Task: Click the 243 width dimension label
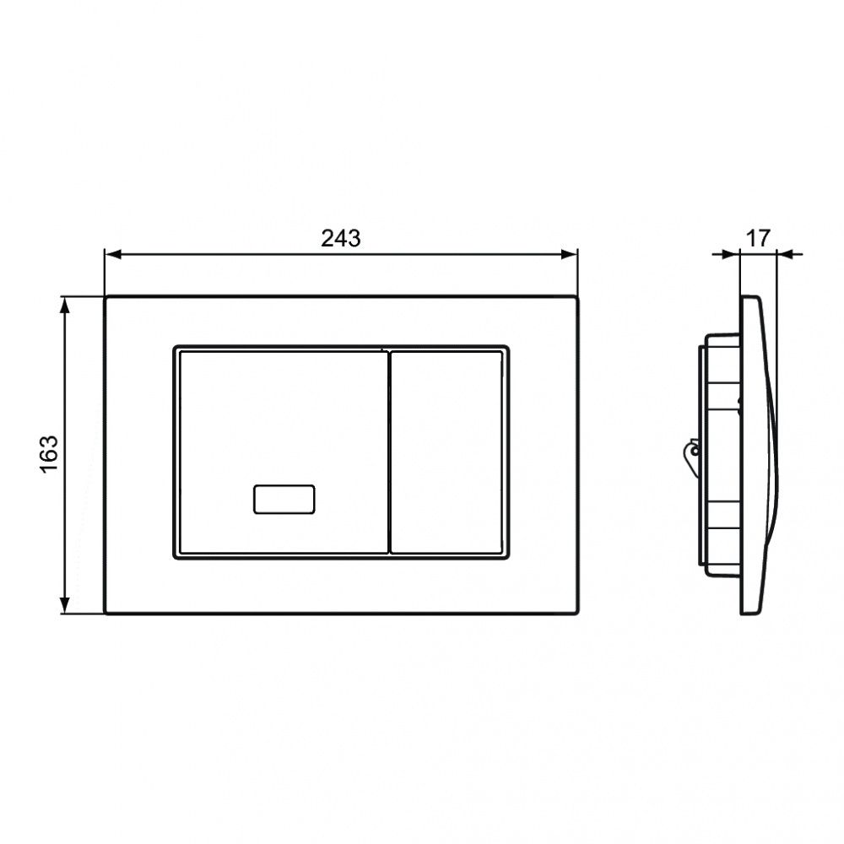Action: (x=341, y=238)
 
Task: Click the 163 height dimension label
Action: (x=49, y=454)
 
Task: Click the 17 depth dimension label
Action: (x=758, y=238)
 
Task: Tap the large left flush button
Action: (x=283, y=452)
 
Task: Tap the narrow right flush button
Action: (x=446, y=452)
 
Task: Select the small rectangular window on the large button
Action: (x=284, y=499)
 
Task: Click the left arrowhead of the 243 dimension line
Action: (x=113, y=254)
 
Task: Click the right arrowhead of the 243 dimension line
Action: (x=569, y=254)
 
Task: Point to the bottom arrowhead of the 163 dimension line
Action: (x=65, y=604)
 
